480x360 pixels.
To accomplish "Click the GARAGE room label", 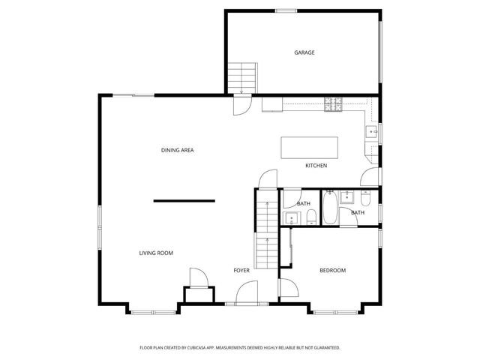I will point(304,52).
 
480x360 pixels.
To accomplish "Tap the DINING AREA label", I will point(178,151).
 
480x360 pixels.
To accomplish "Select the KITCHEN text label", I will point(316,166).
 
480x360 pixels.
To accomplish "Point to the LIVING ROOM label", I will point(156,253).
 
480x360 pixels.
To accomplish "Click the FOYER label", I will point(241,270).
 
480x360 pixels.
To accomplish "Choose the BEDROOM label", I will point(332,270).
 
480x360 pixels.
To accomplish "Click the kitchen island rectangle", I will point(310,147).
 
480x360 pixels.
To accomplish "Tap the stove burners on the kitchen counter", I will point(333,105).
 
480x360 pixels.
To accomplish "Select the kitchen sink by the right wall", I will point(371,133).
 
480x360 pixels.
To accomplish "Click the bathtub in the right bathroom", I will point(329,209).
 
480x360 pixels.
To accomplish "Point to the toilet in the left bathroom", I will point(310,218).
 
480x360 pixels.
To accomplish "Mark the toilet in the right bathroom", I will point(365,199).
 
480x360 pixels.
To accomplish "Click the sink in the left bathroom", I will point(291,218).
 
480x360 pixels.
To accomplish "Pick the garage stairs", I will point(242,76).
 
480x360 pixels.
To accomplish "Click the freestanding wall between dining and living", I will point(184,200).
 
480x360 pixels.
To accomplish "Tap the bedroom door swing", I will point(287,288).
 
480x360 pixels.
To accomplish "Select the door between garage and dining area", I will point(242,105).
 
